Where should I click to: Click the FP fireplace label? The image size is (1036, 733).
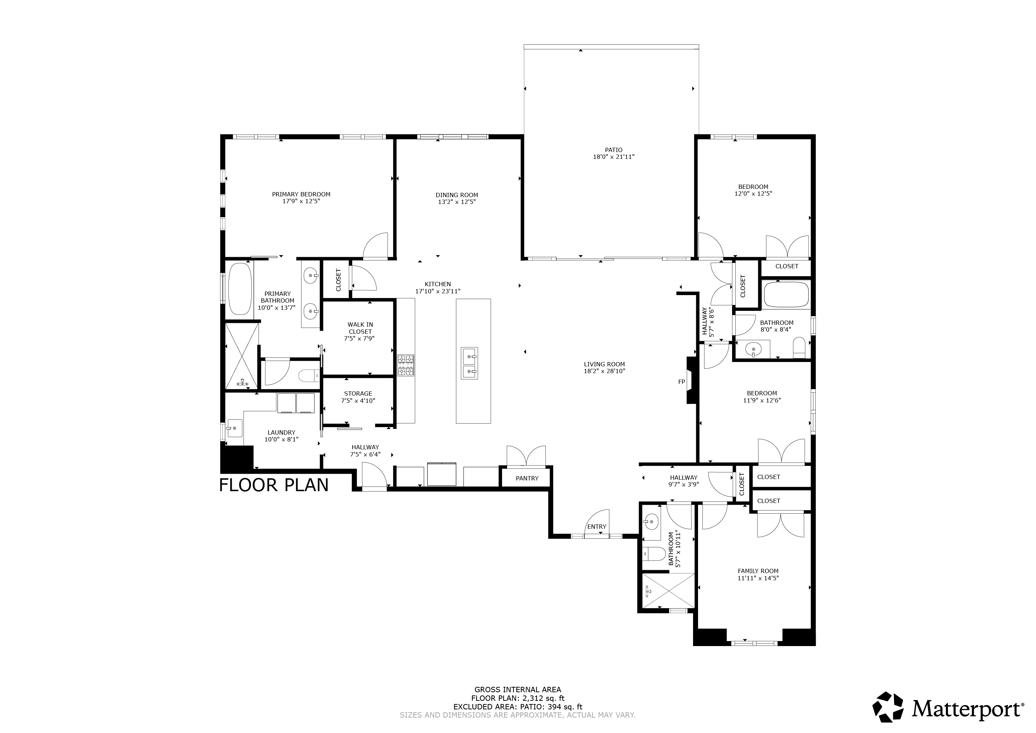681,382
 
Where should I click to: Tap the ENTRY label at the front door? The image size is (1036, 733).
596,527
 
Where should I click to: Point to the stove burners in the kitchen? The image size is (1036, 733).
406,365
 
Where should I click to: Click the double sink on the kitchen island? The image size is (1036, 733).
469,363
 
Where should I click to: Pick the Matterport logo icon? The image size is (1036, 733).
888,707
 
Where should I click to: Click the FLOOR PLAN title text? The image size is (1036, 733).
274,485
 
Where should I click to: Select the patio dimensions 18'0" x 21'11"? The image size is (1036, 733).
613,157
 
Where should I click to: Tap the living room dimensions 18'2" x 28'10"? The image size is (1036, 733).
604,371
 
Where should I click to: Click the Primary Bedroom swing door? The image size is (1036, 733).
375,246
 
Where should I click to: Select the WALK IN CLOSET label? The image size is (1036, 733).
360,328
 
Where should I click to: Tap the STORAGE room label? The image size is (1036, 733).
358,394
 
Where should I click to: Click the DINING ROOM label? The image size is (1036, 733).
457,195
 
